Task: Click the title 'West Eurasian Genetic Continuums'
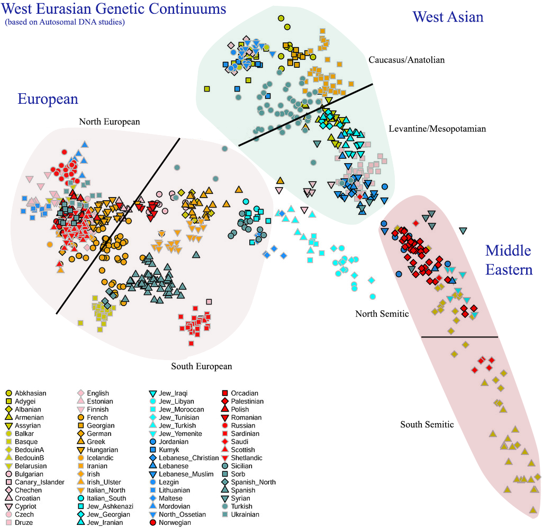pos(114,9)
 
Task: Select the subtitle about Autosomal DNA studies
pos(65,22)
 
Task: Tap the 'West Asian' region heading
pos(448,17)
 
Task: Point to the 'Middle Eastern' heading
pos(509,259)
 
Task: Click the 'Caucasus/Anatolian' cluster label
pos(406,60)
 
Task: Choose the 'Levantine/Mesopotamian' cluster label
pos(437,129)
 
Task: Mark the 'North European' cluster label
pos(110,122)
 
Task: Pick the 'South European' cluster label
pos(201,366)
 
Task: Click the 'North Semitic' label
pos(382,314)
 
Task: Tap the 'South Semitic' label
pos(427,424)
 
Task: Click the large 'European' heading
pos(48,99)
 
